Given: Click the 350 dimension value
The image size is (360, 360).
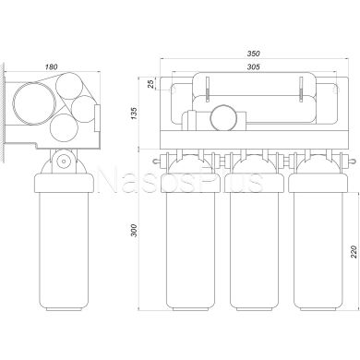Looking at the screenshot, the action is tap(254, 54).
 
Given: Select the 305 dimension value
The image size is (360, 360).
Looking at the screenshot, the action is tap(254, 66).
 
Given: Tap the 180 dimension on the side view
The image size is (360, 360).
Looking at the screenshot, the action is tap(52, 66).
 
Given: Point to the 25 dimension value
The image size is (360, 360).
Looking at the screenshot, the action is tap(150, 83).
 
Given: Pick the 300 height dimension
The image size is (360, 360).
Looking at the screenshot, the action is tap(134, 230).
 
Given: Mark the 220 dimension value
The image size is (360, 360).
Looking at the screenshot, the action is tap(354, 251).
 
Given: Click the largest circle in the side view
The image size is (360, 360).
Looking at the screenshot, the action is tap(34, 103).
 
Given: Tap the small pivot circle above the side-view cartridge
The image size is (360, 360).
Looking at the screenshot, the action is tap(64, 161).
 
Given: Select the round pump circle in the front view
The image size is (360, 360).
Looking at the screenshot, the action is tap(223, 117).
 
